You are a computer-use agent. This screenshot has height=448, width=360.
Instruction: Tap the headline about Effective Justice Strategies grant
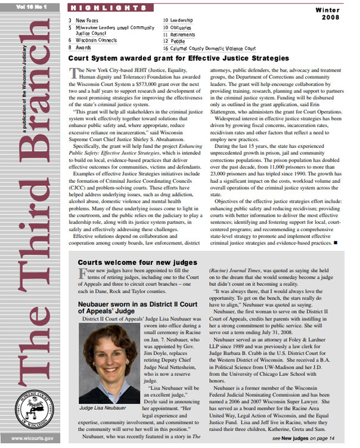click(x=178, y=58)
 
